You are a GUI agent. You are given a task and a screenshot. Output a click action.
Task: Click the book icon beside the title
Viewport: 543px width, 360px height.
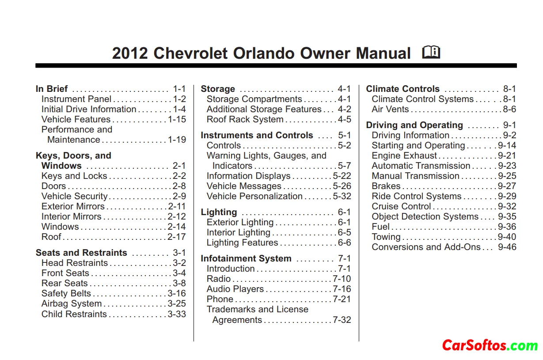(x=431, y=53)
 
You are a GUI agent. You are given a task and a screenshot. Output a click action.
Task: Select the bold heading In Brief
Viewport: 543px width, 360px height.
(x=52, y=89)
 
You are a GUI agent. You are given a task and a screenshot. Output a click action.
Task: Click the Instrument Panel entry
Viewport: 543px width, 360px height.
(x=76, y=99)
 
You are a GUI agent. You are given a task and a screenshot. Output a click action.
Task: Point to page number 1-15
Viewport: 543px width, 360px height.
(x=177, y=119)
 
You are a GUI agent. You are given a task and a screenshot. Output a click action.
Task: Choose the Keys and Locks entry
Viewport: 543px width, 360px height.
(x=74, y=176)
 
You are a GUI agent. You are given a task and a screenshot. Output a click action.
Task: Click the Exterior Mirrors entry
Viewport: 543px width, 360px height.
(x=73, y=206)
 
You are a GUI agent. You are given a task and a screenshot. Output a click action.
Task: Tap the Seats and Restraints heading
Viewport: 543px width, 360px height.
(x=81, y=253)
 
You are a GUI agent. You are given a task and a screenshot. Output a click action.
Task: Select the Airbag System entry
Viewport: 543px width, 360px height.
(x=72, y=303)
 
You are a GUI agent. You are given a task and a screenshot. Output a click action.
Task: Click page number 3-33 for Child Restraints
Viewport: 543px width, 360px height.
(x=177, y=314)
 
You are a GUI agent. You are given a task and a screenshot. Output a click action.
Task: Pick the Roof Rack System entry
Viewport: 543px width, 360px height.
(x=245, y=119)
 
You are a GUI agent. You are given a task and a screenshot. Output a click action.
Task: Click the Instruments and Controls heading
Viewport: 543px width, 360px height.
(x=257, y=135)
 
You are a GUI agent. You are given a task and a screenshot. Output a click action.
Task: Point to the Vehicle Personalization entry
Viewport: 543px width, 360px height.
(x=254, y=196)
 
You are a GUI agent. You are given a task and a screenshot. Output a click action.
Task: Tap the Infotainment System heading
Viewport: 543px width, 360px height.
(x=246, y=258)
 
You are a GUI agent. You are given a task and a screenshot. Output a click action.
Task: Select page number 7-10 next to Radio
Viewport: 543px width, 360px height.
(x=342, y=279)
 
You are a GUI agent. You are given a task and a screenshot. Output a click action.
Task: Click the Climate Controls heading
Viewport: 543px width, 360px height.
(x=403, y=89)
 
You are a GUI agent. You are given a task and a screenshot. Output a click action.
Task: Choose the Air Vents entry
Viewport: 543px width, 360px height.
(x=390, y=109)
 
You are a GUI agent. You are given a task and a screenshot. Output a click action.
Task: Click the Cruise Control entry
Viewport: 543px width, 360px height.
(x=401, y=206)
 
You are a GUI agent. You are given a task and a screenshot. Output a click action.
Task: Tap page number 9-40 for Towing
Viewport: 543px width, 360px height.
(x=507, y=237)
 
